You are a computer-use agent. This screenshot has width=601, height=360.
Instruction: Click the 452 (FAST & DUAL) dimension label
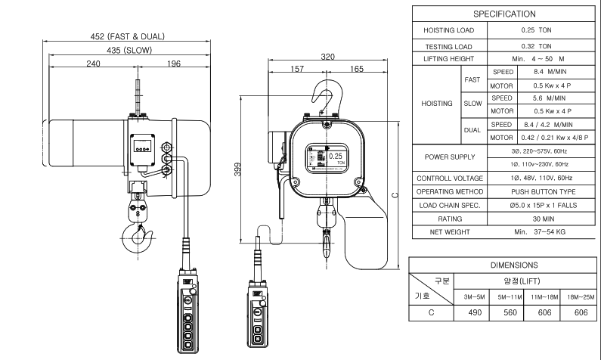(x=127, y=36)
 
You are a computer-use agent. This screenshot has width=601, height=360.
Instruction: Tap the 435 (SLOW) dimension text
(x=129, y=50)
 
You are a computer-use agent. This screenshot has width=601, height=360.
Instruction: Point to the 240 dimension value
(x=93, y=64)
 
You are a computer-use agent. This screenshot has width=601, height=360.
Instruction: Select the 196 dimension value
(x=174, y=64)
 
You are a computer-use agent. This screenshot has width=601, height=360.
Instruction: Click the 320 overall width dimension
(x=327, y=57)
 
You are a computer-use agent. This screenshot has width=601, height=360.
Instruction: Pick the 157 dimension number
(x=297, y=69)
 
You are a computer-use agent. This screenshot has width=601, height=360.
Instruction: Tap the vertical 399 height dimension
(x=237, y=169)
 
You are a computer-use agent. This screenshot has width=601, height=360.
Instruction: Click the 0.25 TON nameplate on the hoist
(x=327, y=158)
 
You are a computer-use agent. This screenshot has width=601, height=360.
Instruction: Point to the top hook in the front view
(x=325, y=97)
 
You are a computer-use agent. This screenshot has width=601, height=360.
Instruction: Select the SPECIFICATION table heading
(x=504, y=14)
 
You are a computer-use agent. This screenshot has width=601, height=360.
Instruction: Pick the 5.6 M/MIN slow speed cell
(x=549, y=98)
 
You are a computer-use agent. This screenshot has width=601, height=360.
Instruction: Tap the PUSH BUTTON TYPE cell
(x=543, y=191)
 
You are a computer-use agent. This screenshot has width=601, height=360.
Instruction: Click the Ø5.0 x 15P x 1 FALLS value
(x=543, y=206)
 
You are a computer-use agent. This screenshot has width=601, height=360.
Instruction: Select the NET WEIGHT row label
(x=450, y=232)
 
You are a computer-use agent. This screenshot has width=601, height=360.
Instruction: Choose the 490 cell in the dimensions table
(x=475, y=312)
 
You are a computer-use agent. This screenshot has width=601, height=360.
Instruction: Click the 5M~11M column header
(x=510, y=297)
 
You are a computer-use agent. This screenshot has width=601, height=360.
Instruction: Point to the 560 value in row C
(x=510, y=312)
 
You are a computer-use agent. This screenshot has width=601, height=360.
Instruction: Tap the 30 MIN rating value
(x=543, y=219)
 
